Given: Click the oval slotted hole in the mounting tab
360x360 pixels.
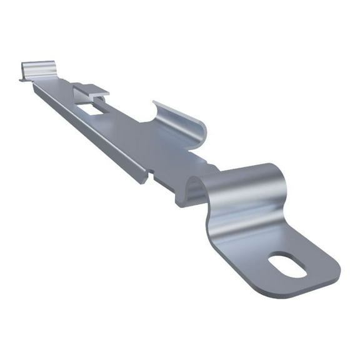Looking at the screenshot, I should pyautogui.click(x=287, y=264).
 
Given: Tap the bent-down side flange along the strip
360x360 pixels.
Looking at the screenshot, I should pyautogui.click(x=94, y=131).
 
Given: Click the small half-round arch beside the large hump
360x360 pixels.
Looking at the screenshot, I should pyautogui.click(x=191, y=187).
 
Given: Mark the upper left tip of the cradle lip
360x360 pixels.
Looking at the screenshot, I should pyautogui.click(x=155, y=102).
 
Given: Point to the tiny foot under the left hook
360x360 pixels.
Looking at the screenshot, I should pyautogui.click(x=22, y=79).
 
